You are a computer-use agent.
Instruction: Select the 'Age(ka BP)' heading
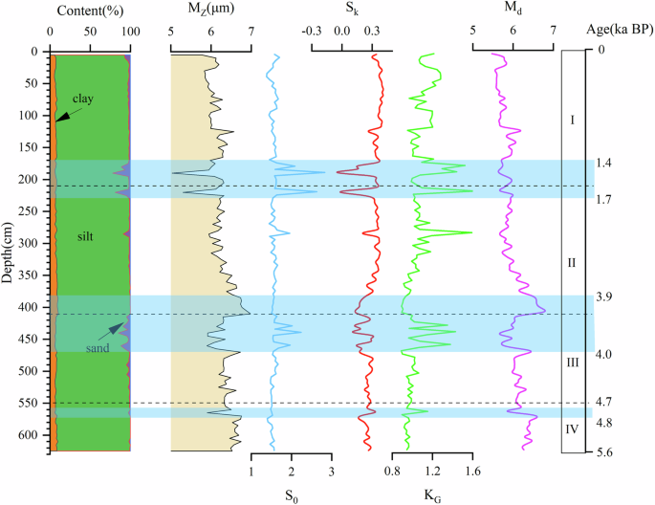(619, 29)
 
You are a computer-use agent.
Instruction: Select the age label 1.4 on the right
(603, 165)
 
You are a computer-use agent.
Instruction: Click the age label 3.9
(603, 297)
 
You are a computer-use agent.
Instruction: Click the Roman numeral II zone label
(572, 262)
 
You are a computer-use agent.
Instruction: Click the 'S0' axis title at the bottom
(291, 495)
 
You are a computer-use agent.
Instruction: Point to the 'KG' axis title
(432, 495)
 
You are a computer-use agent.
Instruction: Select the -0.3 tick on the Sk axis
(311, 30)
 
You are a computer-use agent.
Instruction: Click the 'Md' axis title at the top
(513, 10)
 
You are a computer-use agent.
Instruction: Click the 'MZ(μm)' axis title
(210, 10)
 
